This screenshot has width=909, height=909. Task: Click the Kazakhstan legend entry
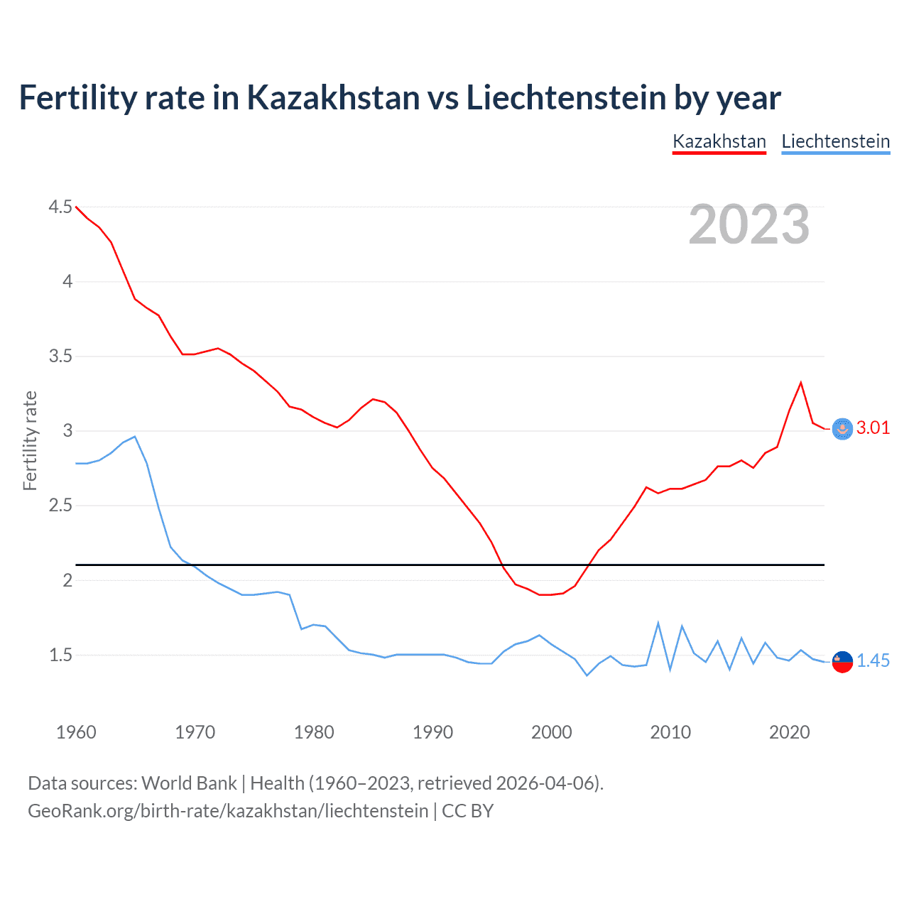point(719,141)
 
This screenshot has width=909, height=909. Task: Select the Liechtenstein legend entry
point(835,141)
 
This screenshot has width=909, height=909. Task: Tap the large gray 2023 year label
point(749,224)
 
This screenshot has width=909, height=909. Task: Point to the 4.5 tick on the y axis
point(60,207)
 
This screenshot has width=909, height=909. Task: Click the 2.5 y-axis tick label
point(60,506)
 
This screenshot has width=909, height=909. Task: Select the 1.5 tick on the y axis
point(60,655)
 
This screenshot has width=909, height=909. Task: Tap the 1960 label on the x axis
point(76,732)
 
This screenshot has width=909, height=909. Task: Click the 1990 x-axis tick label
point(432,732)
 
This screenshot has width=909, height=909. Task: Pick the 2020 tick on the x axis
point(789,732)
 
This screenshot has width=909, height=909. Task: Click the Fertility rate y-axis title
point(30,440)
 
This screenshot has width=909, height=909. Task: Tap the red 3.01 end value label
point(873,428)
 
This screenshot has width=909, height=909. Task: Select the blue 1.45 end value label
point(873,660)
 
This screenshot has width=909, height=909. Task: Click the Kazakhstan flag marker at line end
point(842,429)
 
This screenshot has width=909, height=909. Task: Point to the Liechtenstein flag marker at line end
point(842,661)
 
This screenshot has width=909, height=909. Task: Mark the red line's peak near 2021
point(801,383)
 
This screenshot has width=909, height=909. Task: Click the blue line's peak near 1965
point(135,437)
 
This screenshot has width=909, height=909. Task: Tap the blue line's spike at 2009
point(658,623)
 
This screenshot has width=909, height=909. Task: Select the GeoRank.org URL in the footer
point(228,811)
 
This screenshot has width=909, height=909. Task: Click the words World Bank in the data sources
point(189,783)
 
